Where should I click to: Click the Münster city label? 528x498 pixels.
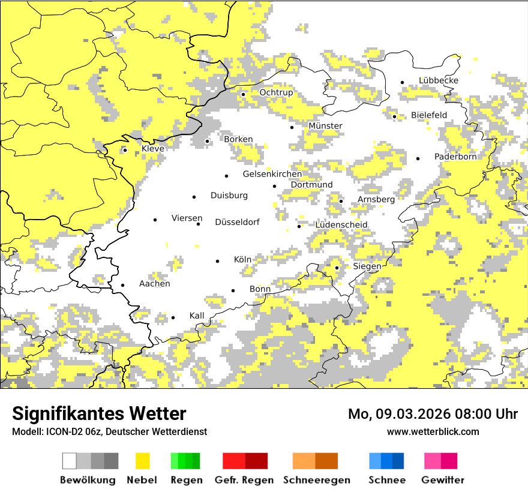point(325,126)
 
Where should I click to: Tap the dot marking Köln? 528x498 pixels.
point(218,261)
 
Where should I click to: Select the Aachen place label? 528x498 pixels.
point(154,284)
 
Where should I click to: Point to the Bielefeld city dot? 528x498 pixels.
point(395,116)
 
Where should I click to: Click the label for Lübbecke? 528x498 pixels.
point(439,80)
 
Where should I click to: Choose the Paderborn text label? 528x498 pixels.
point(455,157)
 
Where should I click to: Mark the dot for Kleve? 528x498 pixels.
point(125,150)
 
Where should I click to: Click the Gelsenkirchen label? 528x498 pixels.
point(272,174)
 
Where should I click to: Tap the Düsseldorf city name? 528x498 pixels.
point(237,222)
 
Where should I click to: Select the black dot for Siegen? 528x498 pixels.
point(337,268)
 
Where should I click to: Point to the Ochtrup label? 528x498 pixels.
point(276,92)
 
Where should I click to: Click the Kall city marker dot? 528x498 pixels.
point(173,318)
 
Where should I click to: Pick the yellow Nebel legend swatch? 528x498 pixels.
point(142,461)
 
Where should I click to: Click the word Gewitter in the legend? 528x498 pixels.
point(442,480)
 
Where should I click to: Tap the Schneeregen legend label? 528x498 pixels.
point(317,480)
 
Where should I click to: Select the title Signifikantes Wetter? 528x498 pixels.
point(99,413)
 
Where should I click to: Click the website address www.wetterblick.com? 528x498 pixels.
point(433,431)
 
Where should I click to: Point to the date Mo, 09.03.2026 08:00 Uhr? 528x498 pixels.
point(433,414)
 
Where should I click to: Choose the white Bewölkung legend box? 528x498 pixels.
point(70,461)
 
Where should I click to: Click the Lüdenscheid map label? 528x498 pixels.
point(341,225)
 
